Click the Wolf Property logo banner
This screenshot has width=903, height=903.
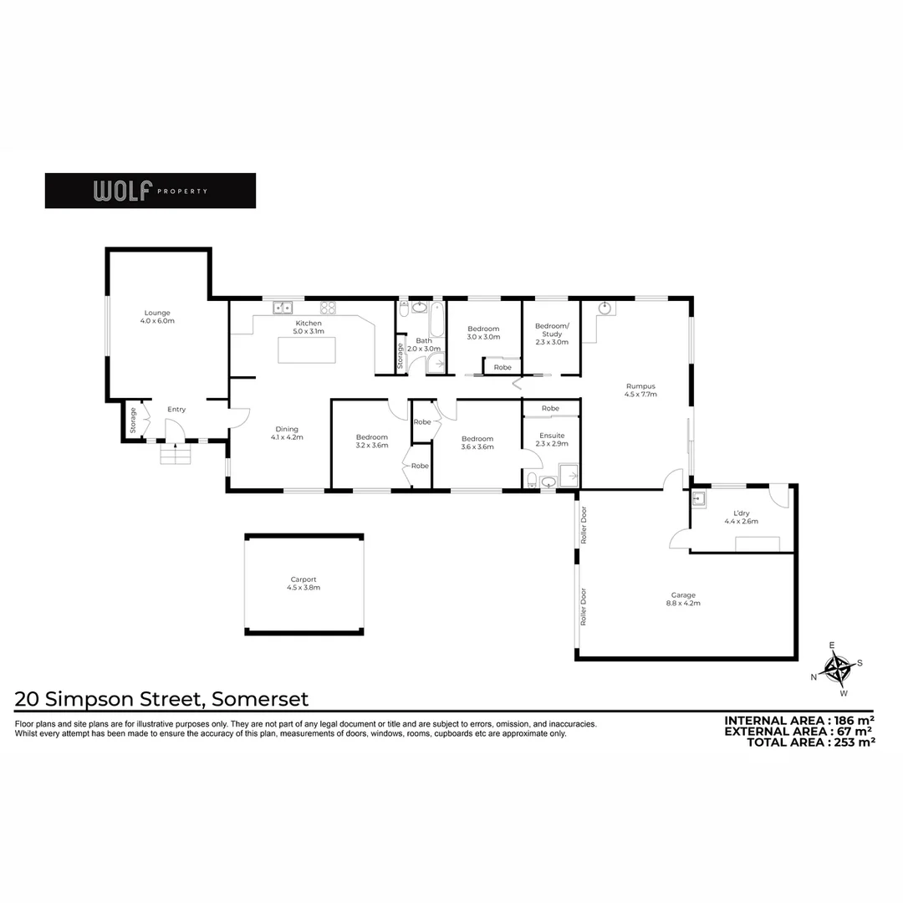coord(150,191)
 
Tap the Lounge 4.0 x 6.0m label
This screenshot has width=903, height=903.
coord(157,317)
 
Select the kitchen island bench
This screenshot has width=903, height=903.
coord(307,349)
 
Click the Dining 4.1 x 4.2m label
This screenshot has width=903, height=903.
coord(287,433)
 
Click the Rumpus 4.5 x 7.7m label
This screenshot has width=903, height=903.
coord(639,390)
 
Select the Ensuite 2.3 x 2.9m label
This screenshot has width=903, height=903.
coord(551,439)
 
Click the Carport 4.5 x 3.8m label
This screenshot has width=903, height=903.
coord(304,584)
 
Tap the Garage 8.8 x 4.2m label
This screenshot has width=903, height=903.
coord(682,599)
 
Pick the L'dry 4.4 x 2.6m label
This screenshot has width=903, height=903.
coord(740,517)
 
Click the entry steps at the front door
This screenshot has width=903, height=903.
coord(175,457)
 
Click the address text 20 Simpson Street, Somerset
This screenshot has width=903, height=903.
coord(162,699)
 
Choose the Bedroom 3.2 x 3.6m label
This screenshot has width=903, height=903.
coord(371,441)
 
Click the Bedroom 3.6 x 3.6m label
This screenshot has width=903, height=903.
coord(477,442)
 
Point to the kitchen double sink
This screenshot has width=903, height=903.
coord(281,308)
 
